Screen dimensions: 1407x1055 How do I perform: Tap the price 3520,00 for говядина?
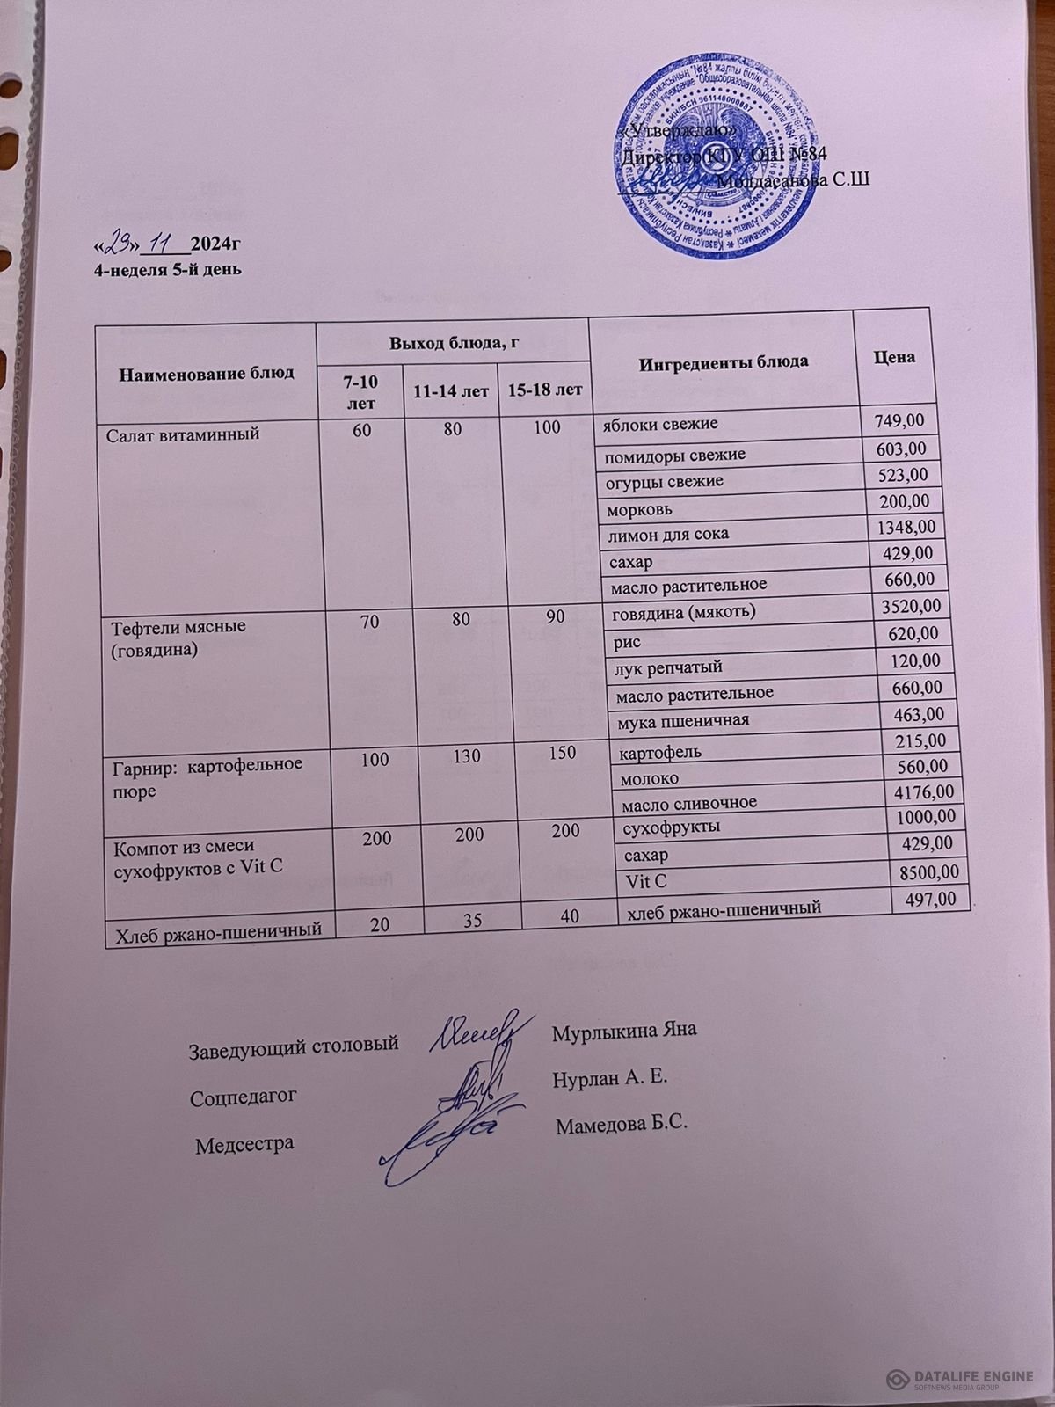pos(908,607)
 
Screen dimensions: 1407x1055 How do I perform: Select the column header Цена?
pos(894,357)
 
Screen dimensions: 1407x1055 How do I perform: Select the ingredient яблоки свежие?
pos(659,424)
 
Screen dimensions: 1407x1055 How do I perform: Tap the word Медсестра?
pos(244,1145)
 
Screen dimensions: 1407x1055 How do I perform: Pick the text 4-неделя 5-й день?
pos(168,270)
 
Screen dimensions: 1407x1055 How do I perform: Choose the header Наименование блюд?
pos(206,373)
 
